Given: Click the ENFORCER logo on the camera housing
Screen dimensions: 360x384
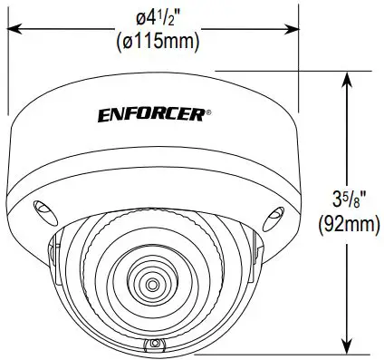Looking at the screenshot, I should tap(151, 114).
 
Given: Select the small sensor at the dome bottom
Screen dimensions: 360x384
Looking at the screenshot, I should tap(155, 345).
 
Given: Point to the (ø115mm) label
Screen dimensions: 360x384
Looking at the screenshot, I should tap(154, 39).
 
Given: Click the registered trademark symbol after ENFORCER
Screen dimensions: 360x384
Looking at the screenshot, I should tap(209, 112).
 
